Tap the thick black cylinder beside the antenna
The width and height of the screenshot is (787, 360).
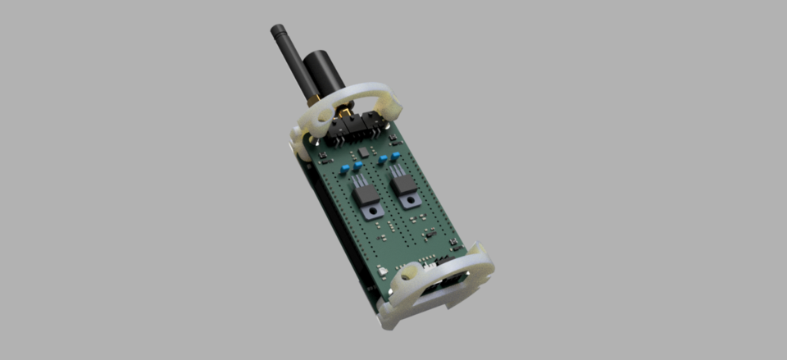(323, 74)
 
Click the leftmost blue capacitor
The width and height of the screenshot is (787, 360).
(345, 168)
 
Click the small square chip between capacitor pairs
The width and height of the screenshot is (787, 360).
(362, 153)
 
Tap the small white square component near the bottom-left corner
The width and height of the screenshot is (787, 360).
(383, 270)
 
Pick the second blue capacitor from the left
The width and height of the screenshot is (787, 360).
(358, 165)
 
